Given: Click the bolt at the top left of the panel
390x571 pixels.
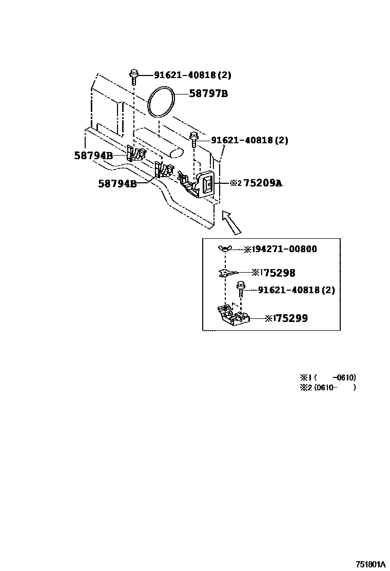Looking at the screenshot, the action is click(x=134, y=76).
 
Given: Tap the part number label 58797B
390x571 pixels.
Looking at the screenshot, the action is click(x=208, y=93).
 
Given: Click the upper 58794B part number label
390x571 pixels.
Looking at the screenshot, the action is click(x=93, y=156).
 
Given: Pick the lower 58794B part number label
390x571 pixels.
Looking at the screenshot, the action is click(x=118, y=183).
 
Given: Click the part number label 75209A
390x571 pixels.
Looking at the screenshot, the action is click(x=263, y=183).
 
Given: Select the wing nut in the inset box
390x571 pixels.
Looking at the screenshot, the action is click(x=225, y=249).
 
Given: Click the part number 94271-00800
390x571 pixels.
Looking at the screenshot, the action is click(x=284, y=249).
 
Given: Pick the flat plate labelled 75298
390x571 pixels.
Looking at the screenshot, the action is click(x=228, y=272).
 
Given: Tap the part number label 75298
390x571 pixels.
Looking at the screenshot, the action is click(x=279, y=273).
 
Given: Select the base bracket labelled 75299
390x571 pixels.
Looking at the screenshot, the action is click(x=233, y=314).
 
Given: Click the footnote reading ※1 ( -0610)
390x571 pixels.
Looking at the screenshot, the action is click(x=328, y=377).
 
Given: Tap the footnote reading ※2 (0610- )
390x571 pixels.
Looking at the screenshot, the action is click(x=328, y=388).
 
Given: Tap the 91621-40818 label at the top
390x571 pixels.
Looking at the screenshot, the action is click(x=192, y=75).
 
